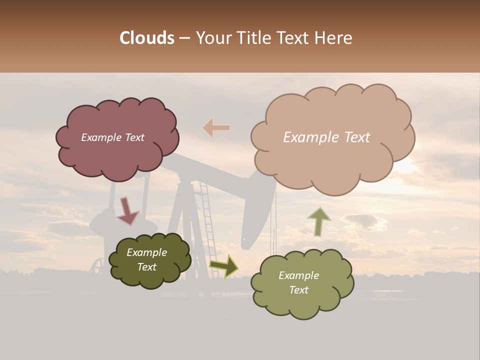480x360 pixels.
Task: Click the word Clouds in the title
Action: click(147, 38)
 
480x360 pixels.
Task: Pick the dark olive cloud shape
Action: click(150, 260)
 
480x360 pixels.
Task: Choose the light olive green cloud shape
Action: click(302, 283)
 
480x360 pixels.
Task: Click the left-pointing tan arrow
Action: click(216, 128)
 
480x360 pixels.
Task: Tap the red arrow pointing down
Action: click(127, 210)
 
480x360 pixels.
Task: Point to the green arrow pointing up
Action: click(319, 221)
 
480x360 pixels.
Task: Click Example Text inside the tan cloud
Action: click(326, 137)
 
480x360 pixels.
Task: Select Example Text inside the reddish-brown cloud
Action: click(112, 137)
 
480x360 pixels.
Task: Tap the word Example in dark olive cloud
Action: click(146, 252)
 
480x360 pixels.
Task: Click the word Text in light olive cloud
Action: click(298, 290)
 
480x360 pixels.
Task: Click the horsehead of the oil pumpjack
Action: click(257, 210)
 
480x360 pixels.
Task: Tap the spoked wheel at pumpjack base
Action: click(99, 266)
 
